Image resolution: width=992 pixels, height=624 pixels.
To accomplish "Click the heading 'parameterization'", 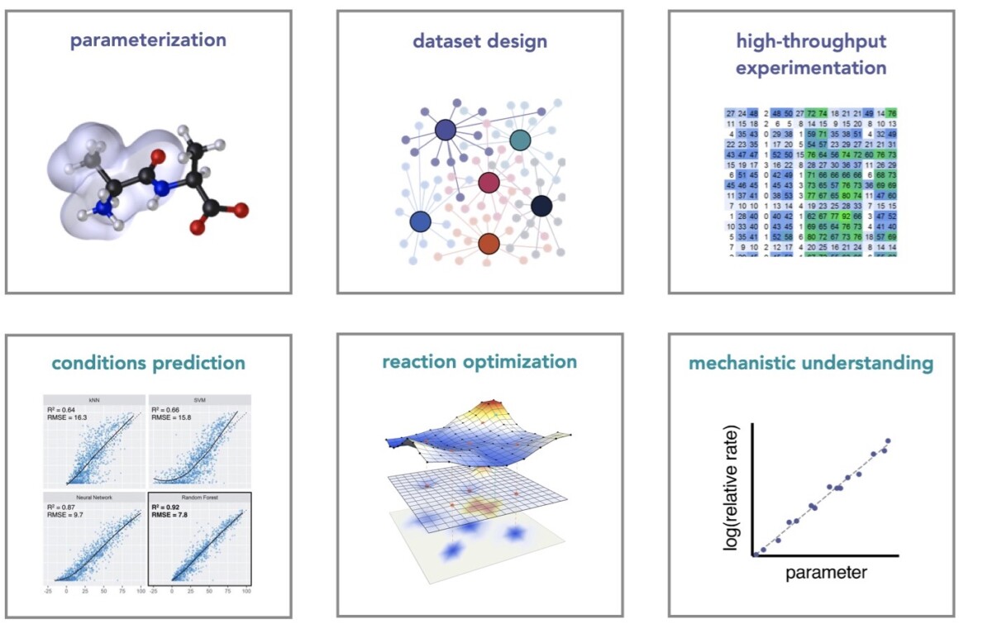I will (x=148, y=40).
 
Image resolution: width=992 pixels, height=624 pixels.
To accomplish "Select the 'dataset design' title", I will (x=479, y=40).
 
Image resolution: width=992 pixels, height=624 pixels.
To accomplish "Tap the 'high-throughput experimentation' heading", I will (x=811, y=54).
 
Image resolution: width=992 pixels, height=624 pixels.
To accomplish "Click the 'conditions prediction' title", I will (x=148, y=363).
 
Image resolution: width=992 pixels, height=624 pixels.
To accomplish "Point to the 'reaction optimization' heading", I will (x=479, y=362).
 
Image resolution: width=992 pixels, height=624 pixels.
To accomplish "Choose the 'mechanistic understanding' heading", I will (x=811, y=363).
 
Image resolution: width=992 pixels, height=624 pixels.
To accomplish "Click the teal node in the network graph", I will (x=519, y=141).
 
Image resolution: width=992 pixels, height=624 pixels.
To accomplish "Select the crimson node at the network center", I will (x=489, y=183).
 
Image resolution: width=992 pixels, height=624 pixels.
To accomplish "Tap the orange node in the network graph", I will (x=489, y=243).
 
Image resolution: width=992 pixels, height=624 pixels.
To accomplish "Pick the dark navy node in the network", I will (x=541, y=206).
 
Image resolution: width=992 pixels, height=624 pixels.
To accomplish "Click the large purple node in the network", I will (x=445, y=130).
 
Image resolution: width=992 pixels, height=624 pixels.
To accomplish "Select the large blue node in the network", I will (x=420, y=221).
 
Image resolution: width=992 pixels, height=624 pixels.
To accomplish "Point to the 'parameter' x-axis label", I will (x=826, y=573).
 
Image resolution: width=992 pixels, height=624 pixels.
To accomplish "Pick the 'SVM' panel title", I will (x=198, y=398).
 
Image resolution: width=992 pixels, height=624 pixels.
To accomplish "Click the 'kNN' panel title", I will (x=93, y=398).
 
